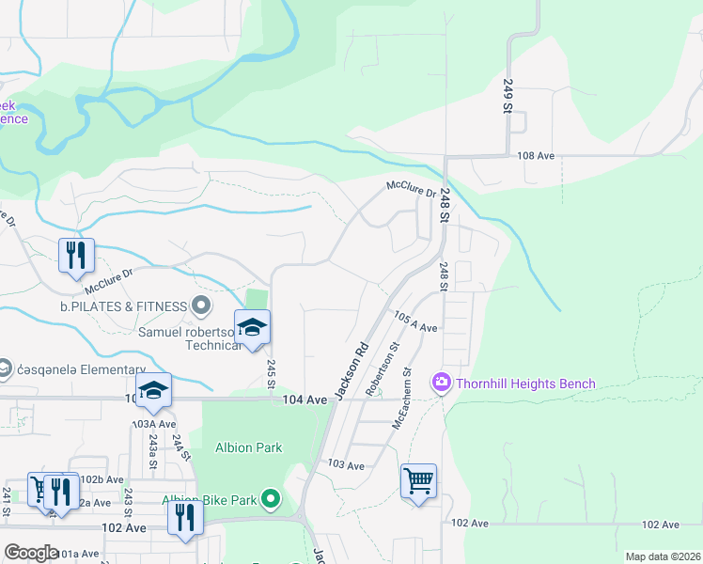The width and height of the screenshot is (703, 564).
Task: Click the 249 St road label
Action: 508,96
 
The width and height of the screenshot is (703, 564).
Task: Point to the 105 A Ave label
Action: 415,321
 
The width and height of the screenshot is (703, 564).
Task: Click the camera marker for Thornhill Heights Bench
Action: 439,383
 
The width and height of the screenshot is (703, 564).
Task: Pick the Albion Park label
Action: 248,447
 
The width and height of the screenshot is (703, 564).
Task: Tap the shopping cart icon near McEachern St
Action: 418,481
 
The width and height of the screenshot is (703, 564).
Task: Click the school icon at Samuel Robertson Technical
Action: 252,328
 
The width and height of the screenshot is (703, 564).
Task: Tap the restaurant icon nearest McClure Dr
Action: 73,256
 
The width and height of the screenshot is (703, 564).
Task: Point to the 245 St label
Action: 272,371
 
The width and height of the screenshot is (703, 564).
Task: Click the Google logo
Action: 31,552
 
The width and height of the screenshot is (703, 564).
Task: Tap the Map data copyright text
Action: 662,556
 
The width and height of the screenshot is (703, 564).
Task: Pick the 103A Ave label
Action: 154,424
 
